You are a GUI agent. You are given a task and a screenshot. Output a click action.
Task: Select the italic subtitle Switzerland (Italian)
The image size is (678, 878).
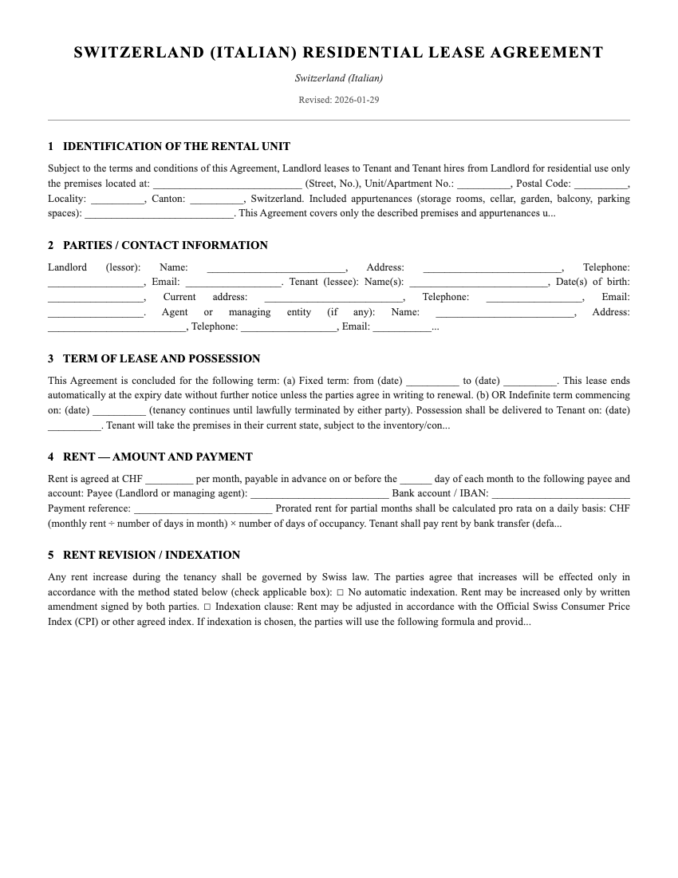coord(338,78)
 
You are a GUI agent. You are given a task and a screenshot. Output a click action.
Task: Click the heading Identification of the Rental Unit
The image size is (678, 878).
coord(176,147)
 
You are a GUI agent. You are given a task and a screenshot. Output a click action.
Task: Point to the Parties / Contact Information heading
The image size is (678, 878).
coord(165,246)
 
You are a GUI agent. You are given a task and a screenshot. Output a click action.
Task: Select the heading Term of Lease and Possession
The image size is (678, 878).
coord(161,359)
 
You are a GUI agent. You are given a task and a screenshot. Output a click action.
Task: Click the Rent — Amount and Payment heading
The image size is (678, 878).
coord(157,457)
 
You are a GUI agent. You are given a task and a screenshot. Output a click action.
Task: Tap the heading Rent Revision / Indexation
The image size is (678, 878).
coord(151,556)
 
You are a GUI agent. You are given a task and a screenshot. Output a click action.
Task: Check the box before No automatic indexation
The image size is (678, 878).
coord(340,592)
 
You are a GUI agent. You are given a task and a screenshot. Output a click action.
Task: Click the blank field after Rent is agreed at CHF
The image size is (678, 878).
coord(169,480)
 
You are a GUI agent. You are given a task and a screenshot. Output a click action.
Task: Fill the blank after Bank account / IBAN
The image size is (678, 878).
coord(560,494)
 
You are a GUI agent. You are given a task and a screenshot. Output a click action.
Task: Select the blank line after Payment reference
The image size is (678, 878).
coord(203,508)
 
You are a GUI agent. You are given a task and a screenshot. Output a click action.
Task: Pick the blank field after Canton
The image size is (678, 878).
coord(217,199)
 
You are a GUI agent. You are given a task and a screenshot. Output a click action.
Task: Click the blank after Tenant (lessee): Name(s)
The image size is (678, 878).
coord(479,283)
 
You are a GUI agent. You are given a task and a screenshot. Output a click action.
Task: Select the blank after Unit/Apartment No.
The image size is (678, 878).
coord(484,184)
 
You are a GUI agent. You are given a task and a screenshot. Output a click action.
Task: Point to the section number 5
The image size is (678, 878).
coord(51,556)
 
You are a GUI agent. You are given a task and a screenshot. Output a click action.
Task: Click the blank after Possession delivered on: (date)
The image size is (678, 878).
coord(74,425)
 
